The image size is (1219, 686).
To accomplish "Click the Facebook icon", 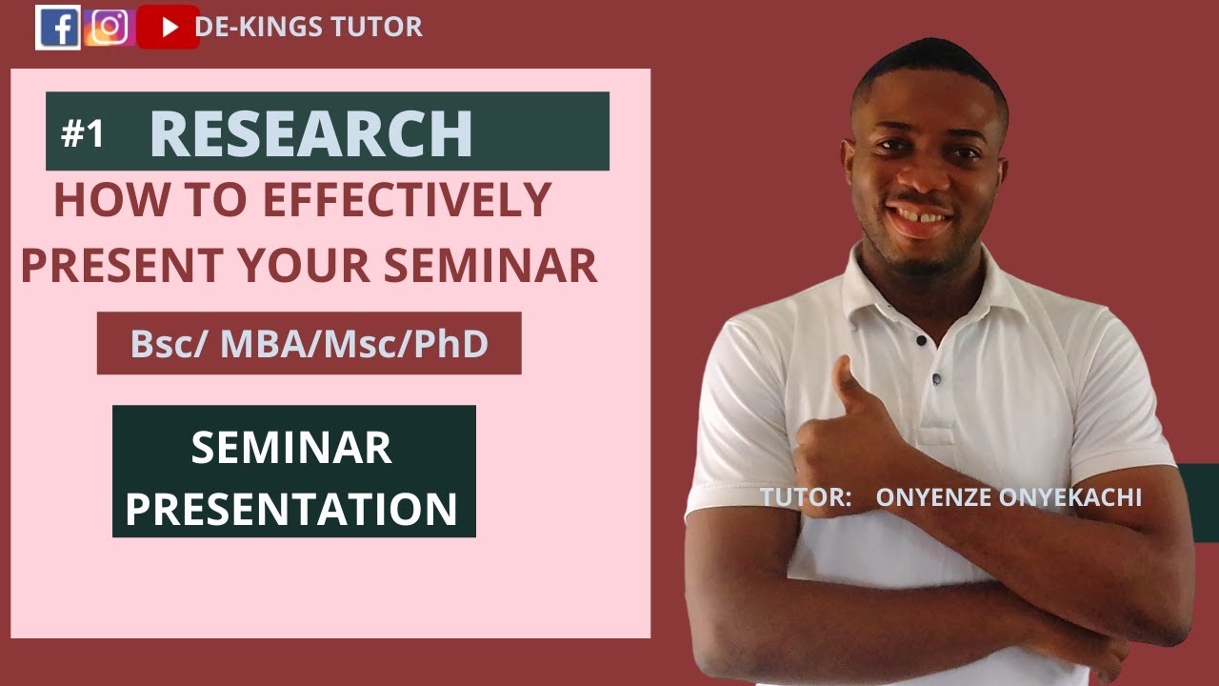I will (58, 28).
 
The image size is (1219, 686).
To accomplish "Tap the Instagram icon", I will (109, 28).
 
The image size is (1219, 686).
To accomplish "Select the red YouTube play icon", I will (169, 28).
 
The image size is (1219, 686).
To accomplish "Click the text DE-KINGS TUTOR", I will (309, 28).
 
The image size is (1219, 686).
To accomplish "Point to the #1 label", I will (83, 134).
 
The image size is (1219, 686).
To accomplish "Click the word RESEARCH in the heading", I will (310, 134).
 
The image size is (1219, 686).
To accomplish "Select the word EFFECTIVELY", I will (407, 200).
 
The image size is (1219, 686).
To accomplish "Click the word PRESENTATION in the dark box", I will (291, 509).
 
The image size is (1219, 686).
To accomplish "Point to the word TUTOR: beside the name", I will (806, 497).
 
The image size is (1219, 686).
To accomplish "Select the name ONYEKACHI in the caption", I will (1078, 497).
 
